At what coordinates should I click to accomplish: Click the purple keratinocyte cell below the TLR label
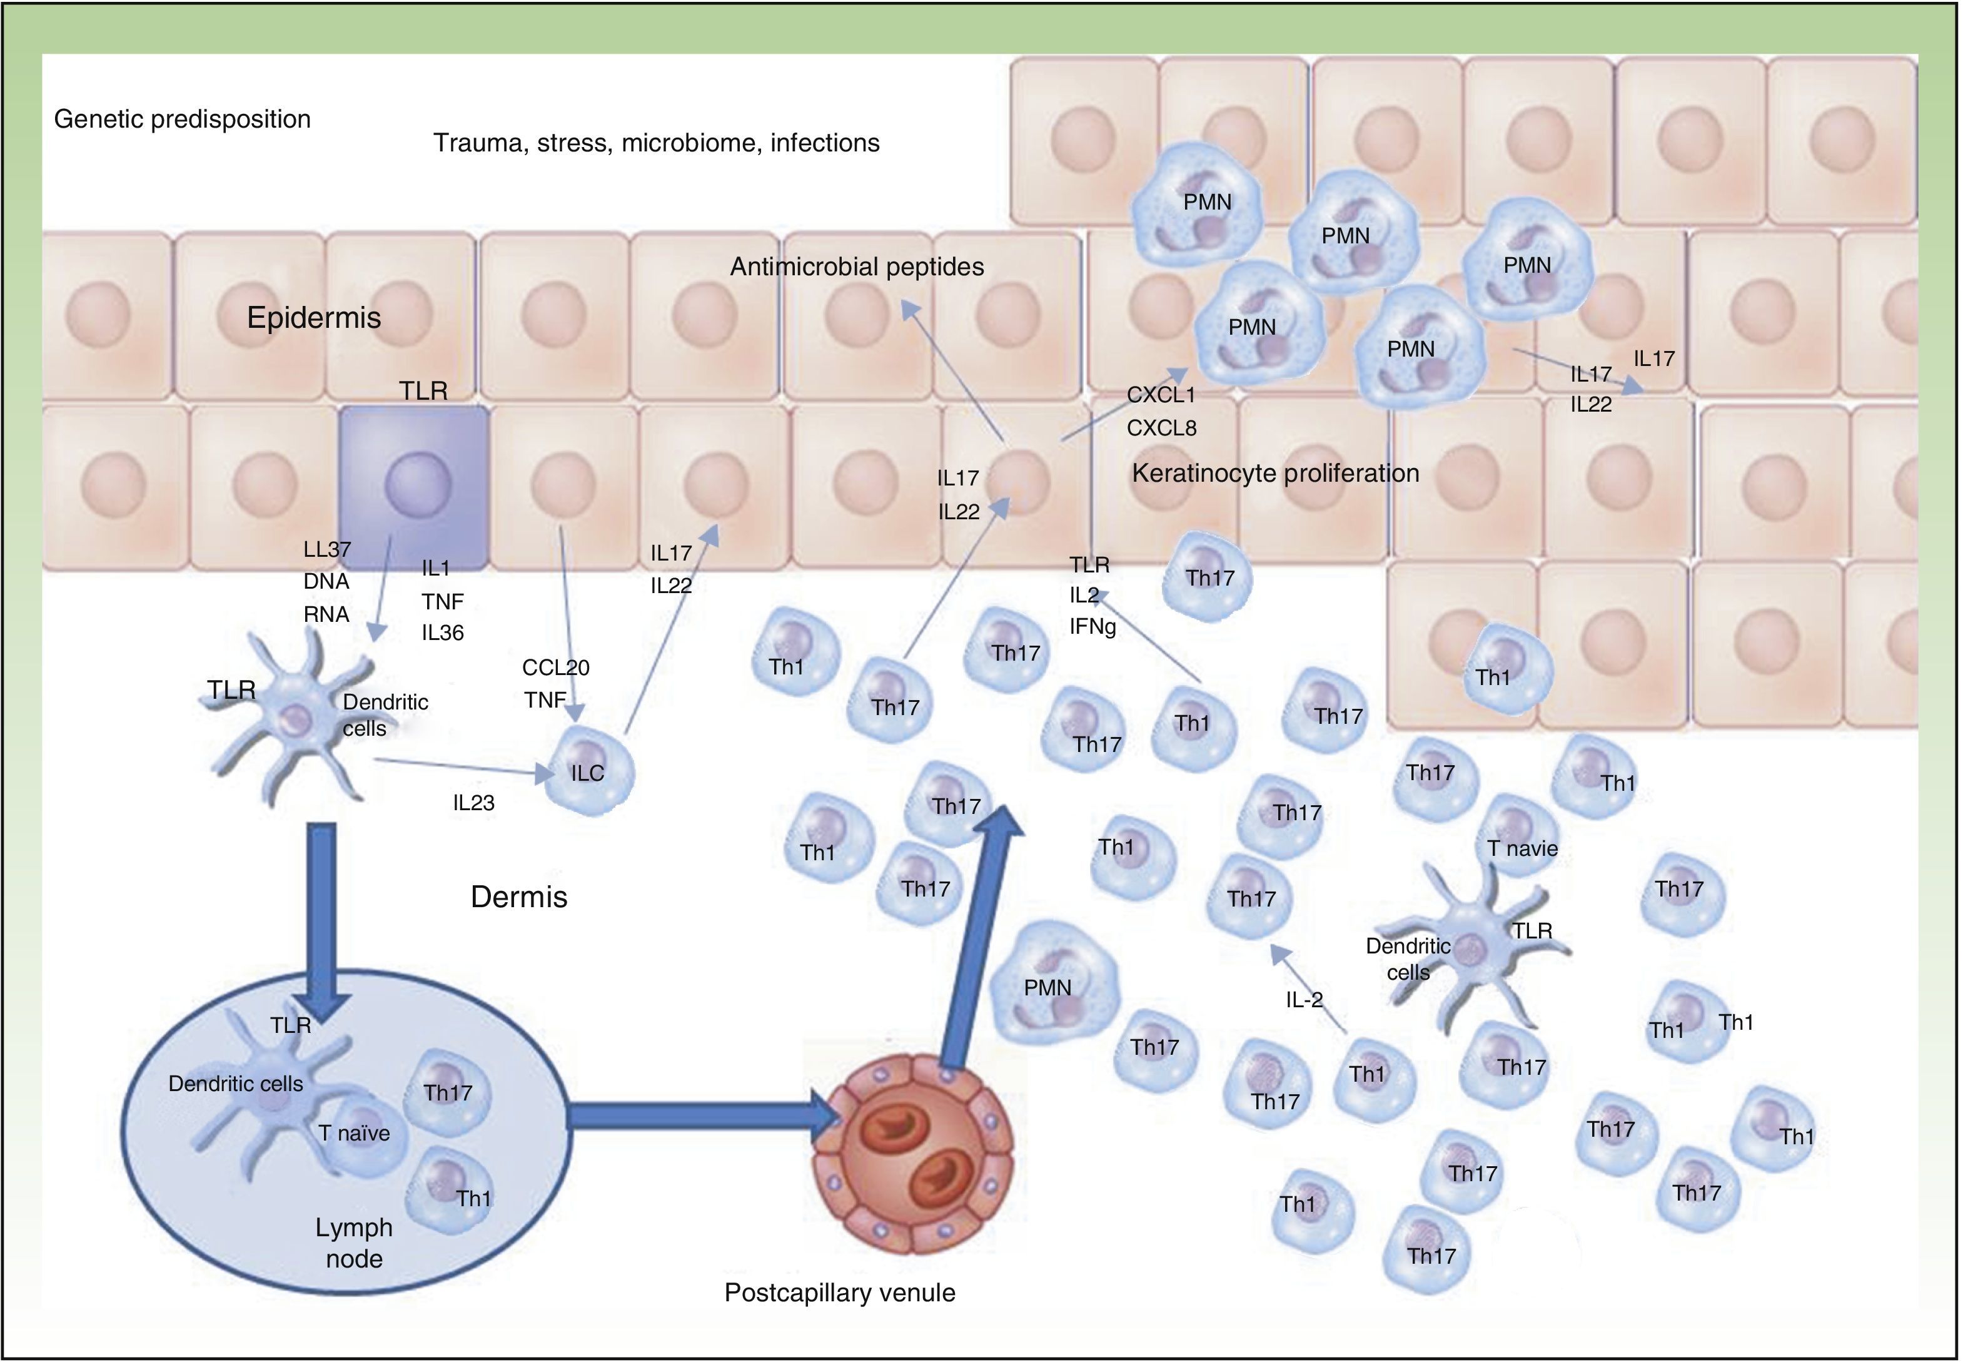(415, 487)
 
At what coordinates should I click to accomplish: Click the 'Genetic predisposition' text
(182, 119)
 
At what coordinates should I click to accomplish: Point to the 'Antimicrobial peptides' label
(857, 267)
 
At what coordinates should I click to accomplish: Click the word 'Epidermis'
(314, 317)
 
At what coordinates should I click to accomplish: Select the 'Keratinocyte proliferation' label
(1275, 473)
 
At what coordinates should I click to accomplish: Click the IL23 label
(473, 802)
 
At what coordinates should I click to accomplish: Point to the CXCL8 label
(1161, 427)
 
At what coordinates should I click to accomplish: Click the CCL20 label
(556, 668)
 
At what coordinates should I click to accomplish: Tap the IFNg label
(1092, 628)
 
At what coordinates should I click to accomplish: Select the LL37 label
(326, 549)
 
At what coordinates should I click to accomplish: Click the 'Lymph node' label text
(354, 1243)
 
